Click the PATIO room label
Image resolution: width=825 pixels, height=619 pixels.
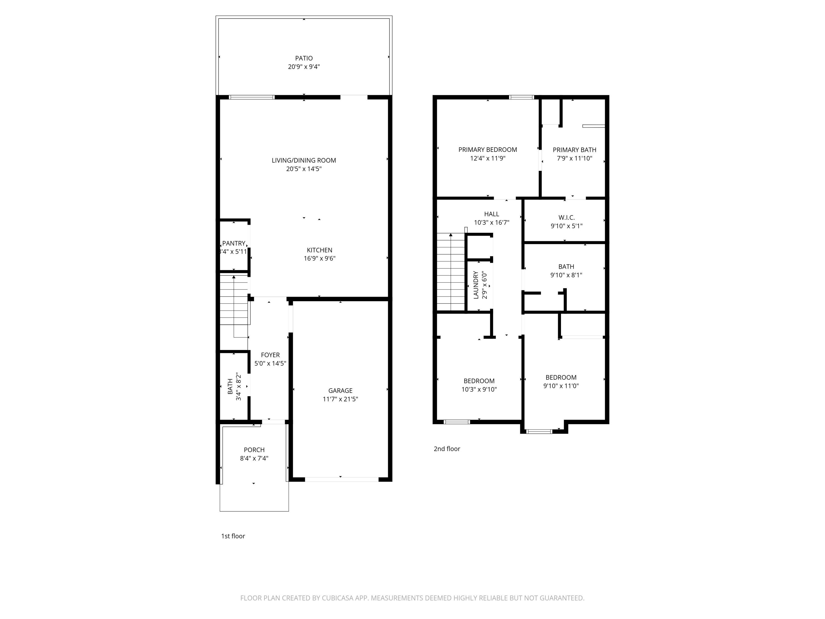point(304,58)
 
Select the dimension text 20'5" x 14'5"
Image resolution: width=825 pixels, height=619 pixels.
point(304,169)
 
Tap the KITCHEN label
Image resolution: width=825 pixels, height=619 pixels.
point(319,250)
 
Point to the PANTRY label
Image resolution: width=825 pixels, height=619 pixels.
point(233,243)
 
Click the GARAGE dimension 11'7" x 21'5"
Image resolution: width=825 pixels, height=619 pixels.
point(340,399)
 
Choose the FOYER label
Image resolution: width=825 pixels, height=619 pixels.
point(270,355)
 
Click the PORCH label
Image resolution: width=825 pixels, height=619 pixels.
point(254,450)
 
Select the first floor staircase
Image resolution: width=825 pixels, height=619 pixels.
point(234,300)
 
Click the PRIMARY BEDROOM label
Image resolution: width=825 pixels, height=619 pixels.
point(488,150)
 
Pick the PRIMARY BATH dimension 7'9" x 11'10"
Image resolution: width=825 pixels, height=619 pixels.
point(574,158)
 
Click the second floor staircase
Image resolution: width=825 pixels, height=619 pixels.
point(451,272)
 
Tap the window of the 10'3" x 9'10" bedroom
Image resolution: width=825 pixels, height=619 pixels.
point(457,422)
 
